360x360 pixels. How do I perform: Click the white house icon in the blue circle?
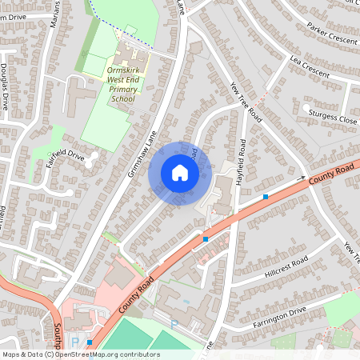tap(179, 173)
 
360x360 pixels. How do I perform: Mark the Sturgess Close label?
tap(332, 118)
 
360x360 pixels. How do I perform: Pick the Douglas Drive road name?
tap(5, 86)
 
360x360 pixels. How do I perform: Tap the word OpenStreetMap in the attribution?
tap(84, 354)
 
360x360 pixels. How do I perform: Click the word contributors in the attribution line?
tap(135, 354)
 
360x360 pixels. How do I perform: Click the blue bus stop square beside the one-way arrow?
tap(266, 196)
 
